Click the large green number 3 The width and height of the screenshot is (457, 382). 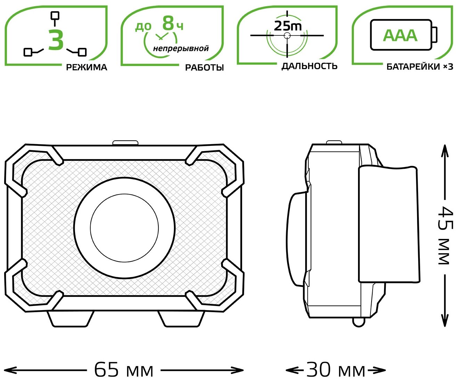[56, 40]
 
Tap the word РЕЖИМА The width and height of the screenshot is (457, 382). [86, 67]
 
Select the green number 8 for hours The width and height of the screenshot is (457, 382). [168, 24]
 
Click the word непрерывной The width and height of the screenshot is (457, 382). [181, 48]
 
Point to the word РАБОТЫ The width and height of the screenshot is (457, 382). [204, 67]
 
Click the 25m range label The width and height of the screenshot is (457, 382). [288, 25]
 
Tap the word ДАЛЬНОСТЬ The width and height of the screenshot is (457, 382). [309, 66]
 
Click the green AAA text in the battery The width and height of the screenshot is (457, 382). [400, 35]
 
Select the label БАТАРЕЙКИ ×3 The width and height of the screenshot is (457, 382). [419, 67]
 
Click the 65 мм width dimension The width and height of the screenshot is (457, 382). [124, 370]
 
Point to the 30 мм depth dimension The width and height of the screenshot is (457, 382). [336, 370]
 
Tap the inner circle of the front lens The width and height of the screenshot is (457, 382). [124, 228]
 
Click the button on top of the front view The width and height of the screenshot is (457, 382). [125, 142]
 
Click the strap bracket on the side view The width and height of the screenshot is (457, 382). [388, 224]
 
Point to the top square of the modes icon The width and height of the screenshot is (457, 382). [55, 15]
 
